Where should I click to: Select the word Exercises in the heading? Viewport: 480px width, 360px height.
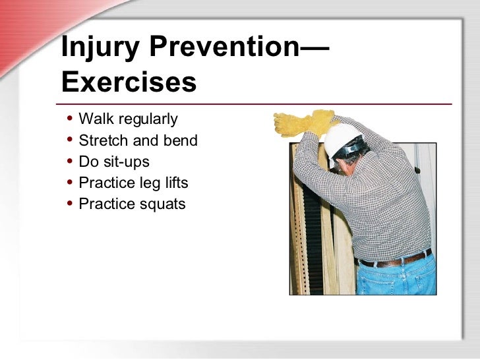point(129,82)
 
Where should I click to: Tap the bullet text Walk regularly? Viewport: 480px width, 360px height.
point(128,119)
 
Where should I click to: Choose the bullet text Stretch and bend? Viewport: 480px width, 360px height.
point(138,140)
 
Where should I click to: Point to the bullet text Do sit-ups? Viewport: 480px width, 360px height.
point(114,162)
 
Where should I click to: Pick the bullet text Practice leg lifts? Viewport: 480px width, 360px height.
point(133,183)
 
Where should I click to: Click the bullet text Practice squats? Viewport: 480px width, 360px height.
point(132,204)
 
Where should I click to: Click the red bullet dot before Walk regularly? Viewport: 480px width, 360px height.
point(70,119)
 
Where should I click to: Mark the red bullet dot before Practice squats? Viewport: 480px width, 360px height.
point(70,204)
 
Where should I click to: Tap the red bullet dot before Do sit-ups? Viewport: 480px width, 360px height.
point(70,162)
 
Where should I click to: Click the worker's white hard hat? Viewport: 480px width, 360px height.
point(342,140)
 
